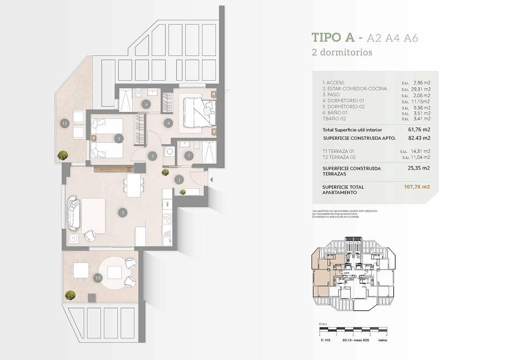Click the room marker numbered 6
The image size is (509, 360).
pos(146,104)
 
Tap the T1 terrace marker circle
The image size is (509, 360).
pos(97,278)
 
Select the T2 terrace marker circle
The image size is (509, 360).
pos(64,124)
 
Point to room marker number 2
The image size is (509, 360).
pos(123,213)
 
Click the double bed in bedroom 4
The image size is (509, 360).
pos(199,113)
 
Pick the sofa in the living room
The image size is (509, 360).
pos(73,213)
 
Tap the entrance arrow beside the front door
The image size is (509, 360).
pos(211,180)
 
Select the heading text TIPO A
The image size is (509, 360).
pos(333,37)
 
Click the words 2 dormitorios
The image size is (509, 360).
pos(342,52)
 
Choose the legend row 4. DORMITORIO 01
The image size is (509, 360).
pos(343,101)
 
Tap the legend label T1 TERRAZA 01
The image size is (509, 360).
pos(338,151)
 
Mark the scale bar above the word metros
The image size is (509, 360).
pos(353,329)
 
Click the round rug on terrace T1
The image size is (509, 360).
pos(114,272)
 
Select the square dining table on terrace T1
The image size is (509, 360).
pos(81,270)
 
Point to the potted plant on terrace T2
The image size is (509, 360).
pos(62,155)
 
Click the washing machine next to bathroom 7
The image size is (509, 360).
pos(169,152)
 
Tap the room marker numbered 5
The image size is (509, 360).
pos(118,138)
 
